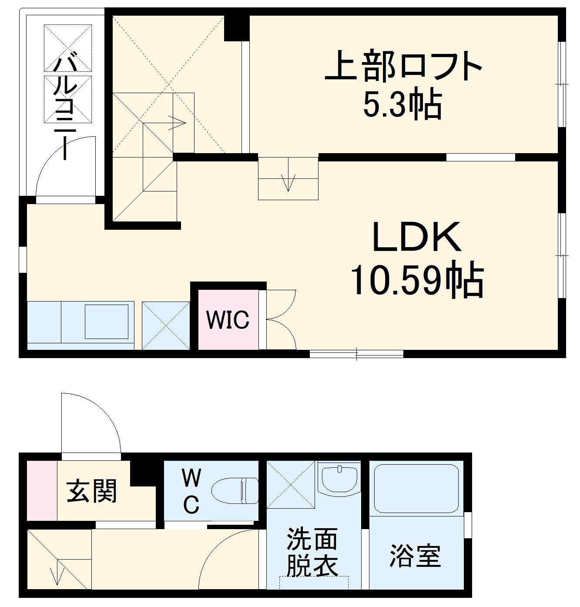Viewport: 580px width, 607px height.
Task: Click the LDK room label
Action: point(417,237)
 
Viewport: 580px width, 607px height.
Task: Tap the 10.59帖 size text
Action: point(417,280)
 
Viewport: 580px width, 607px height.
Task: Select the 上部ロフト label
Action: point(403,66)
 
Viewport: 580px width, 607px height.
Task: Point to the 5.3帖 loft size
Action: point(402,104)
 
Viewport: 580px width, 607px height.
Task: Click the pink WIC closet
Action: point(228,320)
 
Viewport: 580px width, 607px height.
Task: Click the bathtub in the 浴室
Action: point(416,488)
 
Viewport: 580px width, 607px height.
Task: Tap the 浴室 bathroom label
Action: point(415,556)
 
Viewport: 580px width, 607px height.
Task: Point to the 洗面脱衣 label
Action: point(312,553)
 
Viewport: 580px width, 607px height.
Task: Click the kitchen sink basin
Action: point(107,322)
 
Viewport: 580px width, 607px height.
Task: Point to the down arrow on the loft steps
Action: point(288,182)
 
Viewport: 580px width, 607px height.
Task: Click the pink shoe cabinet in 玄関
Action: point(42,490)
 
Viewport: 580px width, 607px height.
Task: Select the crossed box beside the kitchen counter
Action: point(166,325)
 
